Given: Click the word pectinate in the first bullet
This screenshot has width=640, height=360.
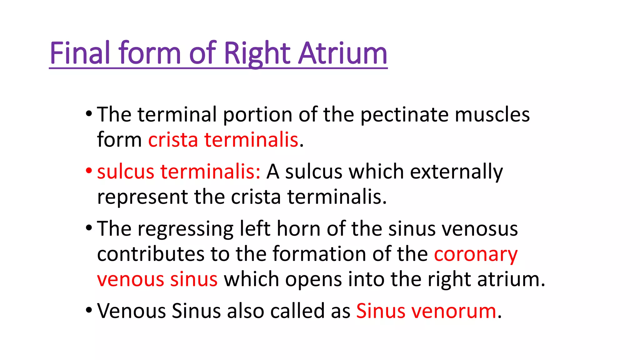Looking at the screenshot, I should pyautogui.click(x=404, y=115).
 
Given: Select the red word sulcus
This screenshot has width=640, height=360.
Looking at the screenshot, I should pyautogui.click(x=126, y=172).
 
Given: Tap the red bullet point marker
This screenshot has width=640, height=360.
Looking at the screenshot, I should pyautogui.click(x=89, y=171).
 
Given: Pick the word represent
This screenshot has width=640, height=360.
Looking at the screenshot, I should pyautogui.click(x=142, y=197).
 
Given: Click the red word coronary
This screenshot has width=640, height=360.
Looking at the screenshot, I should pyautogui.click(x=476, y=255).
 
